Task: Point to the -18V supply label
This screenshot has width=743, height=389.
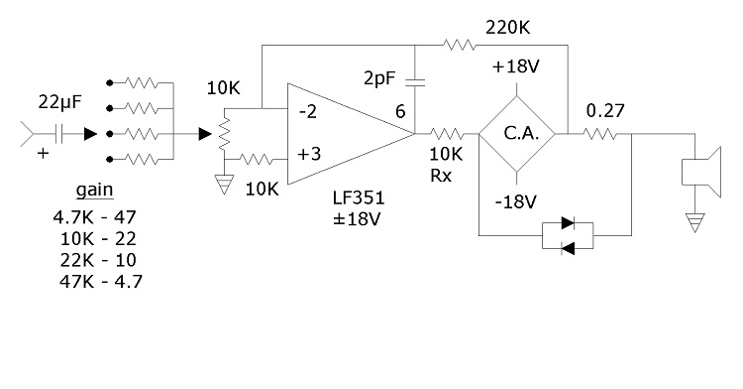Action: coord(517,201)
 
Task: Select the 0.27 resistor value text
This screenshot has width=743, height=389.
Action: coord(605,109)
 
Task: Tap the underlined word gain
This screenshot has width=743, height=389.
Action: coord(93,191)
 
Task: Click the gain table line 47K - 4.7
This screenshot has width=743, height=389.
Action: coord(97,281)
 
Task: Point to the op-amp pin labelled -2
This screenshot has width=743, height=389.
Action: coord(308,110)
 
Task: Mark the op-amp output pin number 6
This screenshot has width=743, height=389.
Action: coord(400,112)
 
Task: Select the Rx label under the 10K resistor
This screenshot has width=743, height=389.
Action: coord(442,176)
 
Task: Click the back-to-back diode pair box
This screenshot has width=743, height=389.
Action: coord(568,236)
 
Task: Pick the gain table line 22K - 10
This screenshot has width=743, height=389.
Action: coord(97,259)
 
